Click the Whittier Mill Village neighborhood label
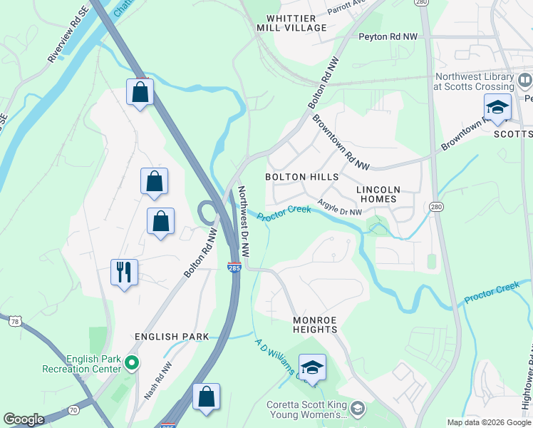[x=296, y=23]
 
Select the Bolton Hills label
[x=301, y=177]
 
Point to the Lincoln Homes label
[x=378, y=194]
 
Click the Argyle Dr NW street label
[x=340, y=207]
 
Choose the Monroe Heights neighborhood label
[x=314, y=325]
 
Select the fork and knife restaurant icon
[x=124, y=272]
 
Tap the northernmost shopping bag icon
[x=140, y=92]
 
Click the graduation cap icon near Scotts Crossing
[x=497, y=108]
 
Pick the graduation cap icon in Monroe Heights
[x=312, y=368]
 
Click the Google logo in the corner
[x=24, y=419]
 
